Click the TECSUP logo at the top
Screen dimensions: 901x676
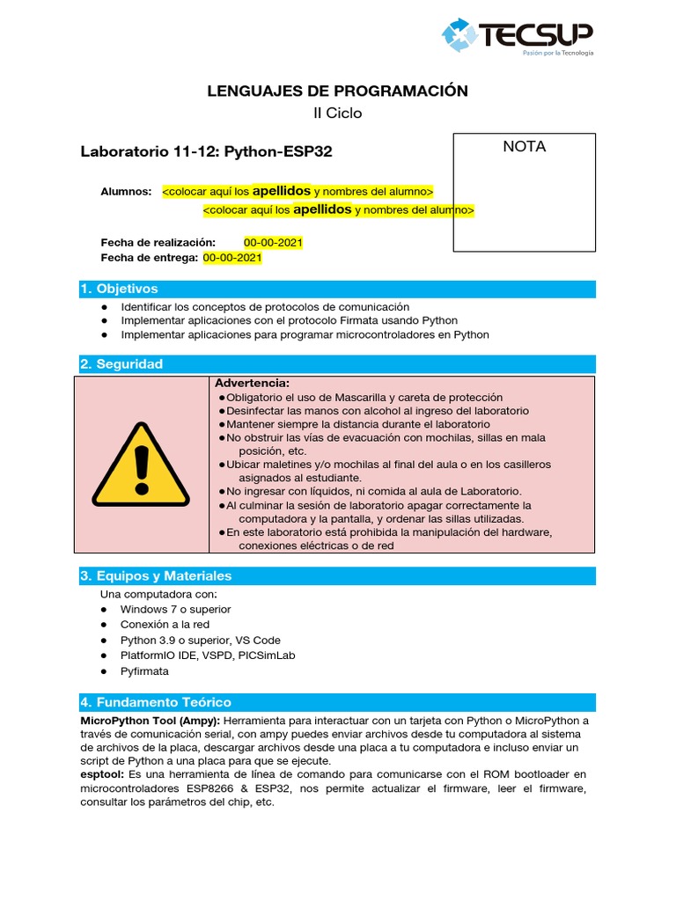[518, 37]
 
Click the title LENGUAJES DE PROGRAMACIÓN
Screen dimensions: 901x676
[337, 91]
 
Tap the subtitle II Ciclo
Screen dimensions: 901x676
[337, 113]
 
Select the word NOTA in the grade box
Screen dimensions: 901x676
[524, 147]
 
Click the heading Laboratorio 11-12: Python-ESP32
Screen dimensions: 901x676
[206, 151]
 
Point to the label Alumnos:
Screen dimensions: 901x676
[126, 192]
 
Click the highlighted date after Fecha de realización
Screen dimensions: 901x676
[273, 242]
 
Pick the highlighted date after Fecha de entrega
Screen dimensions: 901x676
[232, 258]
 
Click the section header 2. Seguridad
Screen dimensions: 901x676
[121, 364]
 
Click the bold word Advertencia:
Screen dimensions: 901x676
[252, 384]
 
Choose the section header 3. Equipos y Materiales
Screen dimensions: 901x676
[156, 575]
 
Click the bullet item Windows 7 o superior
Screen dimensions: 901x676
[176, 609]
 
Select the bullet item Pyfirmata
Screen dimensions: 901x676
[144, 671]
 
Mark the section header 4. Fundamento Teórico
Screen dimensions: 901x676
[155, 702]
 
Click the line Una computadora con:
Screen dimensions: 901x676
[153, 594]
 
